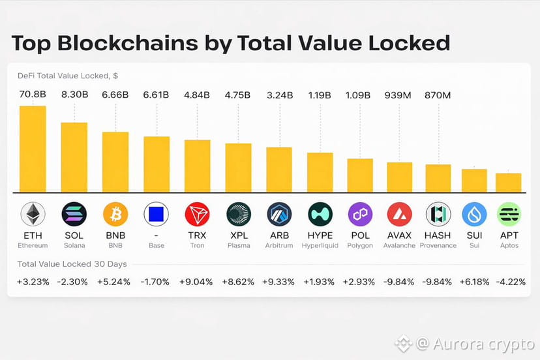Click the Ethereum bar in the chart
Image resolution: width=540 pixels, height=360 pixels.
[x=33, y=149]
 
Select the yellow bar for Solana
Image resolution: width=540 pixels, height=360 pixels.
[x=74, y=157]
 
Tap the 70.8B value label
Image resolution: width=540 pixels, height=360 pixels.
[x=33, y=95]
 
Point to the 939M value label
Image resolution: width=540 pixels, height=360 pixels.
[x=398, y=95]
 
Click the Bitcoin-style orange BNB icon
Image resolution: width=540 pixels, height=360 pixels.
[x=115, y=214]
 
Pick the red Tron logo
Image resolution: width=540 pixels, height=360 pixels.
[x=197, y=214]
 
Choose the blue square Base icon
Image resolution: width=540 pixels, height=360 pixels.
[x=156, y=214]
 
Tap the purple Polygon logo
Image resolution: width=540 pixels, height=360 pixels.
[x=359, y=214]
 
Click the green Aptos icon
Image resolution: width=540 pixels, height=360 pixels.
[x=508, y=214]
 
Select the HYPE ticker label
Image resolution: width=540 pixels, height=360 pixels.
[x=320, y=235]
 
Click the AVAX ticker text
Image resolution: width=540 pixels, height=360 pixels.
[x=399, y=235]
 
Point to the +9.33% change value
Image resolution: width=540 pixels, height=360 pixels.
[x=280, y=282]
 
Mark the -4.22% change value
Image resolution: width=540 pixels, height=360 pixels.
[x=508, y=282]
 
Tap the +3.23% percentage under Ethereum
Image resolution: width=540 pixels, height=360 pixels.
[x=33, y=282]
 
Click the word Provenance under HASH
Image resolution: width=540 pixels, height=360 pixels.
[x=438, y=246]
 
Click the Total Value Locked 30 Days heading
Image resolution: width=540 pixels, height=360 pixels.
[x=72, y=264]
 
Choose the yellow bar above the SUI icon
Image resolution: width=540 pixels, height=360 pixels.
[x=474, y=181]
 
